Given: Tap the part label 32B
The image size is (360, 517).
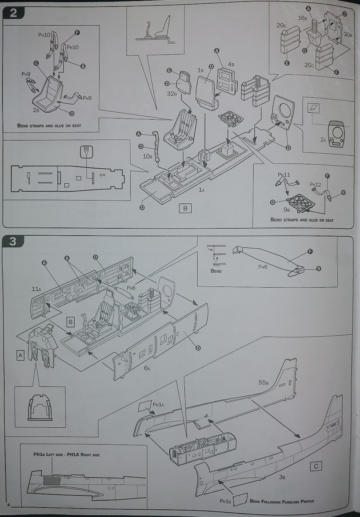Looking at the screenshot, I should coord(172,94).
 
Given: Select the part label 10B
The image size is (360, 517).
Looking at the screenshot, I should coord(147,156).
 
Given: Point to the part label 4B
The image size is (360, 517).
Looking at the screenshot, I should coord(231,64).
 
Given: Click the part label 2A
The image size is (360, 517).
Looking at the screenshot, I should coord(323,139).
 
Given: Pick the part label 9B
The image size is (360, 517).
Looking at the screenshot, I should coord(286,210).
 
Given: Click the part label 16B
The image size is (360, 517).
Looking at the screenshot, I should coord(302,18).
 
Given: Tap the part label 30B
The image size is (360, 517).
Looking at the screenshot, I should coord(348,34).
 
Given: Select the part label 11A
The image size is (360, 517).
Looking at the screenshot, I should coord(37,289).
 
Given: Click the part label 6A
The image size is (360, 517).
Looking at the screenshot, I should coord(147,368).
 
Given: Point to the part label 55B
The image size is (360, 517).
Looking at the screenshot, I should coord(263,382).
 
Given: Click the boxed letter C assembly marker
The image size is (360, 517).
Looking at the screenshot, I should coord(316,466).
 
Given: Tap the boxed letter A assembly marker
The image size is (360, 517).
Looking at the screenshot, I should coord(20,355).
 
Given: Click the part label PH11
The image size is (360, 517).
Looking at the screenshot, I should coord(284,175).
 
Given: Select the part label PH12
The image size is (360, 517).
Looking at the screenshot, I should coord(315,184).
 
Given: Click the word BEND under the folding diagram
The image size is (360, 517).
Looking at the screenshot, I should coord(216,271).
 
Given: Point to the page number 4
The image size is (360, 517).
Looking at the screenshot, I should coord(8,505).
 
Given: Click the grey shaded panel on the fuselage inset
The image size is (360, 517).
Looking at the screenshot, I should coord(51,481).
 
